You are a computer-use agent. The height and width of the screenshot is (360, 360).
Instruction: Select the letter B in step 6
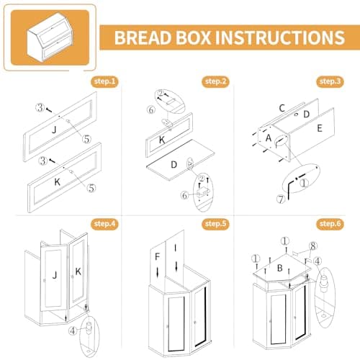point(279,269)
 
